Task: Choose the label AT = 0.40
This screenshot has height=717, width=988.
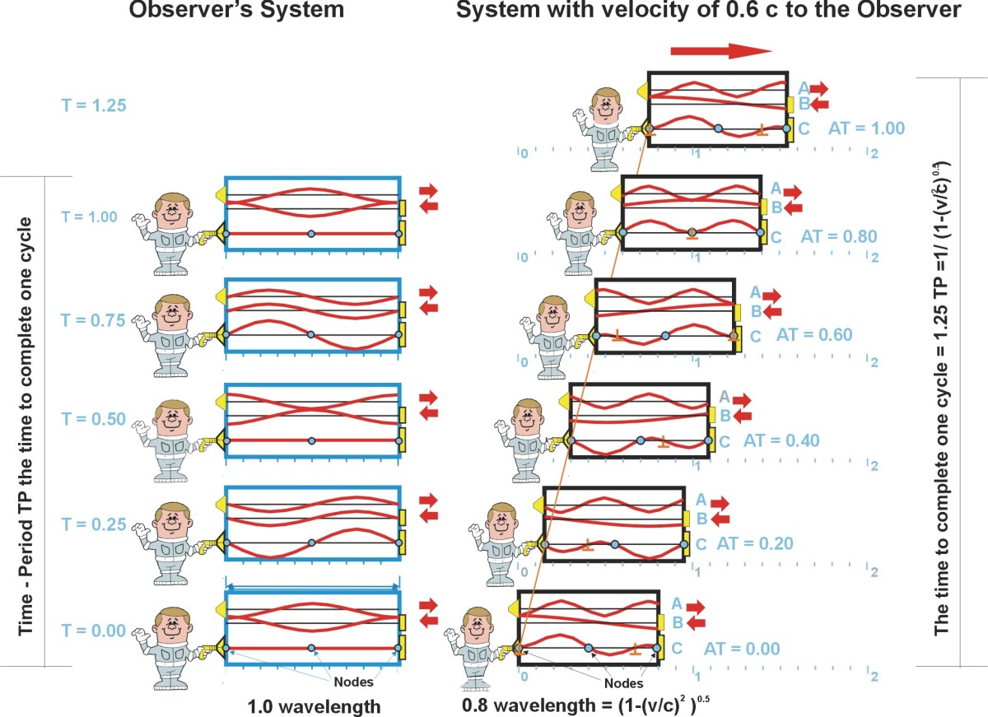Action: pos(781,440)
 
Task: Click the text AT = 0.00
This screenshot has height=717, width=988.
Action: pos(740,649)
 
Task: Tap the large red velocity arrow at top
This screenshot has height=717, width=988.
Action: pos(720,52)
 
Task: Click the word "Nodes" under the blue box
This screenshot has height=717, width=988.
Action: pos(354,682)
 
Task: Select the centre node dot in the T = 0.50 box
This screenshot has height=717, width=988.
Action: pos(311,441)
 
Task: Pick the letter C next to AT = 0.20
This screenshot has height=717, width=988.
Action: pos(701,543)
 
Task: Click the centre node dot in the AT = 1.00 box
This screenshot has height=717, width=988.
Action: pos(718,128)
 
